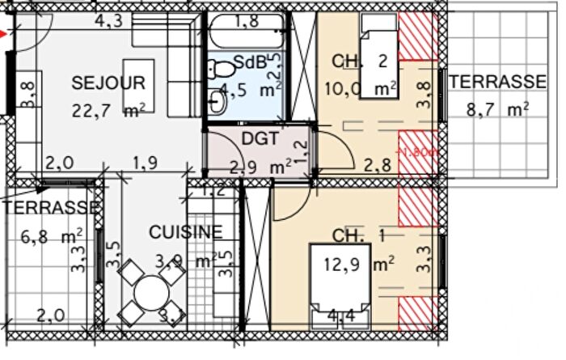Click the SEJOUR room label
(108, 83)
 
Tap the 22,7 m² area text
(108, 113)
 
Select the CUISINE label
(185, 232)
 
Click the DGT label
(260, 139)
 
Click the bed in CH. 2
(378, 62)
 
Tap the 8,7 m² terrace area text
(491, 108)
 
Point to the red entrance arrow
(6, 33)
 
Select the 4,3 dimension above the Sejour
(108, 22)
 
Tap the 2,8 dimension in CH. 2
(378, 166)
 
